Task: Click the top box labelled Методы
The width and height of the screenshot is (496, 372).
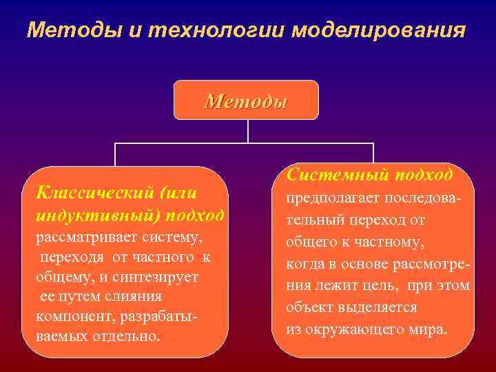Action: pos(246,101)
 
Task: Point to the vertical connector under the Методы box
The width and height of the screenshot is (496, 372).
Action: pos(246,132)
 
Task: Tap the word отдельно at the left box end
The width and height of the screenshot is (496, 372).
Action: pos(128,337)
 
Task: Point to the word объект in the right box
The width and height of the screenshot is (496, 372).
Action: pos(308,307)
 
